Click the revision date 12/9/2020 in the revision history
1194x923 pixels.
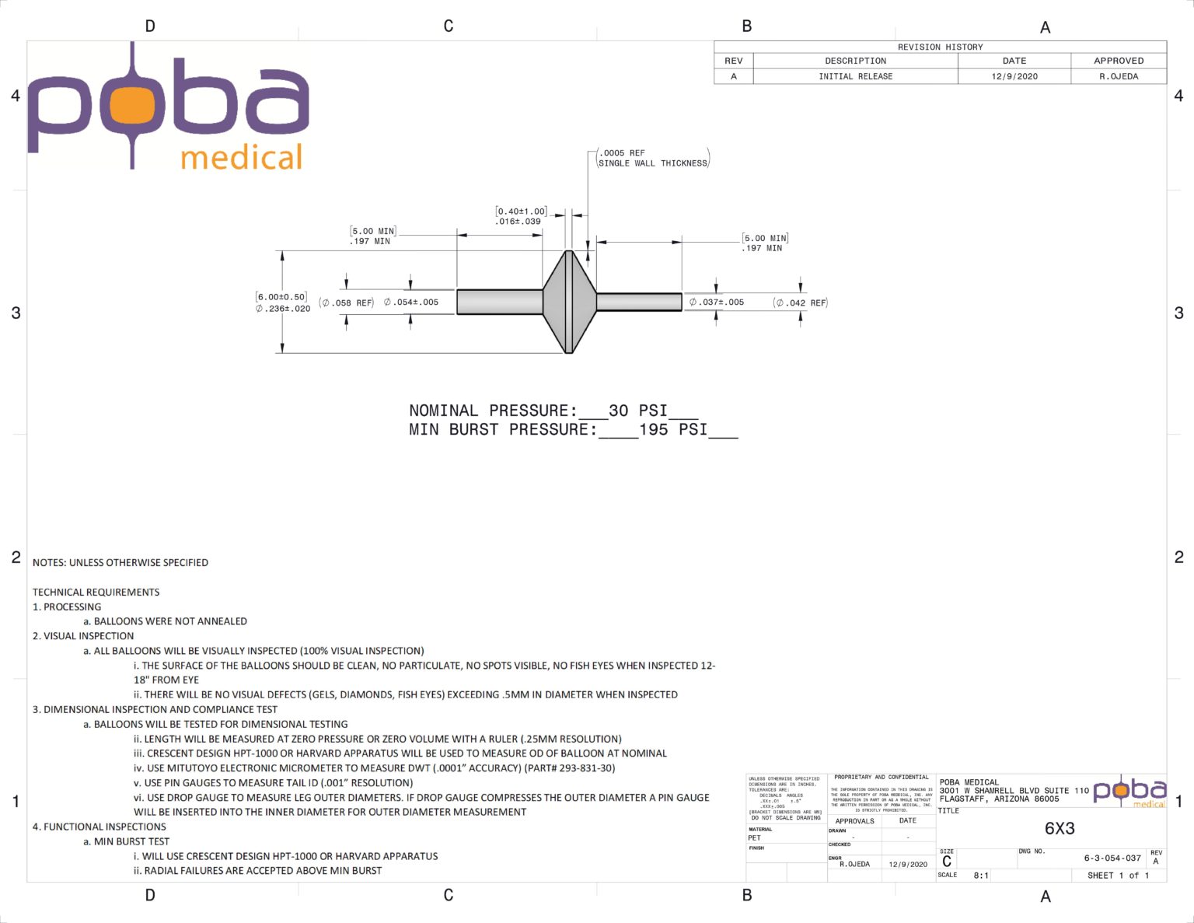point(1014,76)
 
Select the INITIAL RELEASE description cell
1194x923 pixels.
point(855,76)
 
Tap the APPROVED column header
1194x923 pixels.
point(1118,61)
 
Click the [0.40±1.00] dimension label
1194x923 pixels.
point(521,212)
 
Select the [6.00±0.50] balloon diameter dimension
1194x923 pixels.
point(281,297)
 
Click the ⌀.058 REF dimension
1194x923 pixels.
point(347,302)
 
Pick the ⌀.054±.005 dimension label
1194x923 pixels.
point(411,302)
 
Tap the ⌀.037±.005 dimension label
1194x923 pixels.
point(717,302)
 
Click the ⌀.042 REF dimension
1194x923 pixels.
point(801,302)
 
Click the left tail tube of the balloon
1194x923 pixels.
point(499,302)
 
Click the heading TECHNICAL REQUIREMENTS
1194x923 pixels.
point(96,592)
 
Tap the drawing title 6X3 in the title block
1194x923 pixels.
point(1059,828)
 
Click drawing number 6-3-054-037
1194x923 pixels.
point(1112,858)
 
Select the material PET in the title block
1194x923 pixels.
point(754,837)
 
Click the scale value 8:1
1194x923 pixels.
point(981,876)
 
